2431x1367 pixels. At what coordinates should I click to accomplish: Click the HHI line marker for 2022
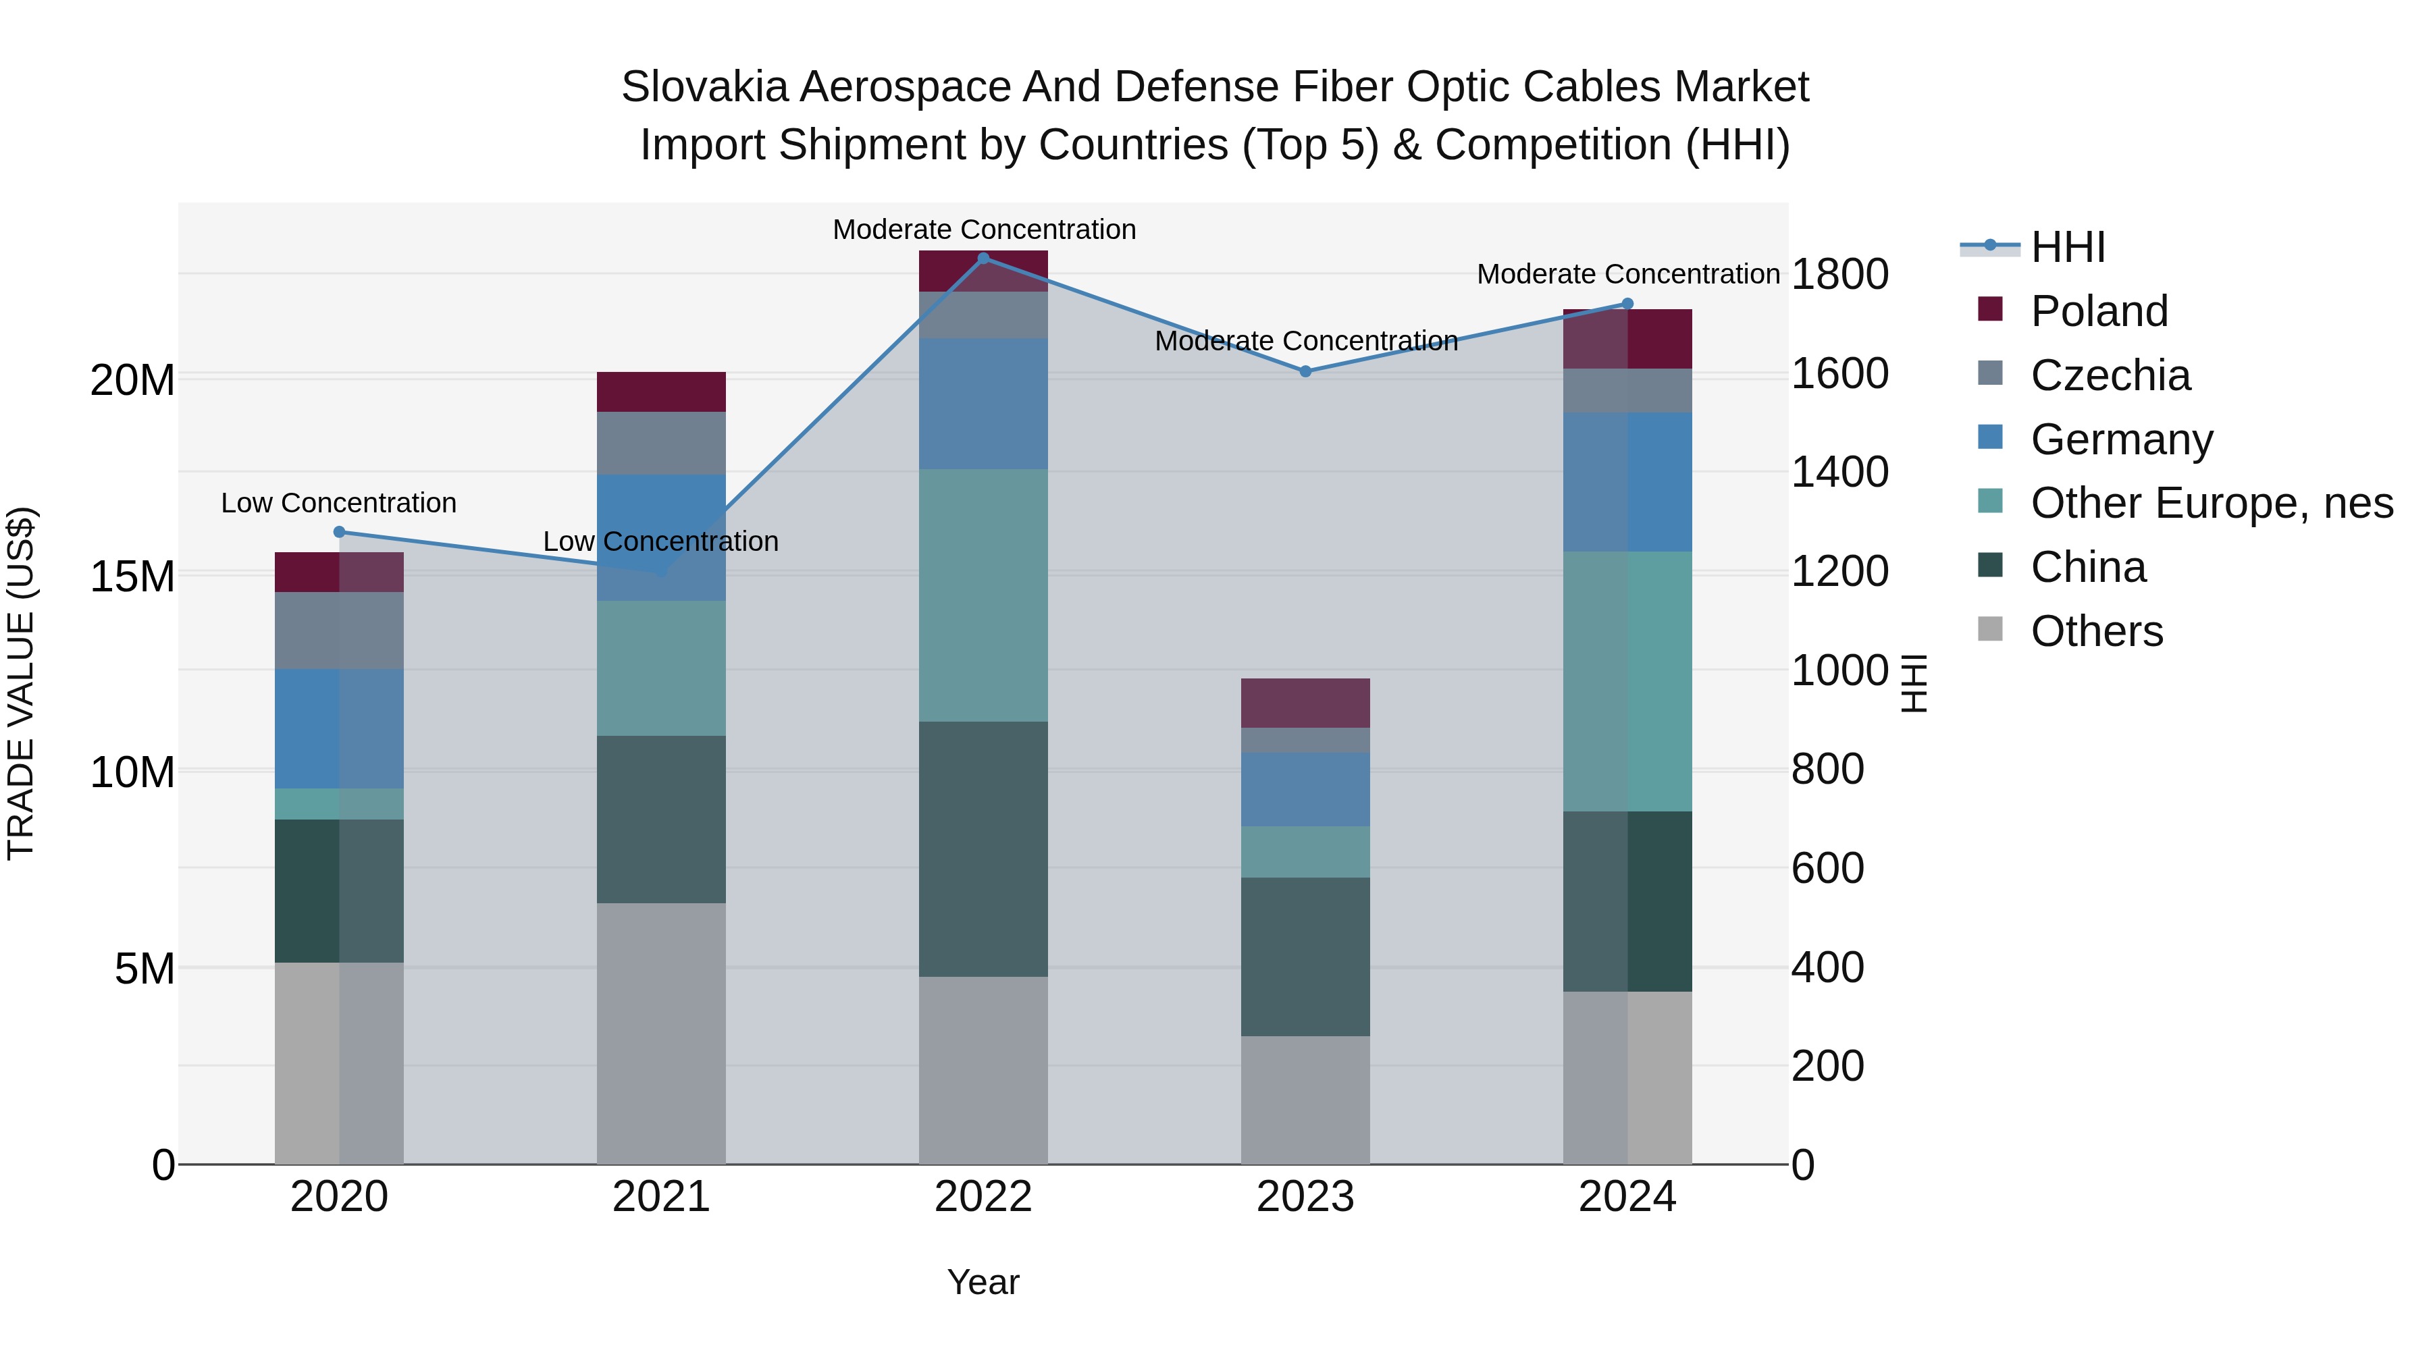click(x=983, y=259)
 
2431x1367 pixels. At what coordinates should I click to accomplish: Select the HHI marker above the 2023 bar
click(x=1305, y=372)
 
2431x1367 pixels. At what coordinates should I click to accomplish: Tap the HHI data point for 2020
click(x=340, y=532)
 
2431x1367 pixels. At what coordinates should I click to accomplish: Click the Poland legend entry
click(x=2099, y=311)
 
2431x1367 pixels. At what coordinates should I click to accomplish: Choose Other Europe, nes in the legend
click(x=2211, y=503)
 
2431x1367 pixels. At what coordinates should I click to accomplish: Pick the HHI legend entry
click(x=2067, y=247)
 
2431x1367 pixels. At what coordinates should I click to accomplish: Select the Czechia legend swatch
click(x=1990, y=373)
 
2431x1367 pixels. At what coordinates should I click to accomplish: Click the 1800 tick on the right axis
click(x=1839, y=275)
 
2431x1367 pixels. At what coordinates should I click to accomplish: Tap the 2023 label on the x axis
click(x=1305, y=1197)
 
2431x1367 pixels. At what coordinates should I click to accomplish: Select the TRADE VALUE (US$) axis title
click(x=21, y=683)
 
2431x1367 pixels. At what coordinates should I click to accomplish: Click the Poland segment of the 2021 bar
click(x=660, y=392)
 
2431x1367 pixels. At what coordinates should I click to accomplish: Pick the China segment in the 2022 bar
click(x=983, y=849)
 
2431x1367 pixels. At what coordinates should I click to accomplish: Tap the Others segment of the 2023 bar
click(x=1305, y=1100)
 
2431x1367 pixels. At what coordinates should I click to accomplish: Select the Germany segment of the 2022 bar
click(x=983, y=404)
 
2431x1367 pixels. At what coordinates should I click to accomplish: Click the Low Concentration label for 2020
click(x=339, y=503)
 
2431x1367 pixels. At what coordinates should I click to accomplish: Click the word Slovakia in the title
click(x=703, y=87)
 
